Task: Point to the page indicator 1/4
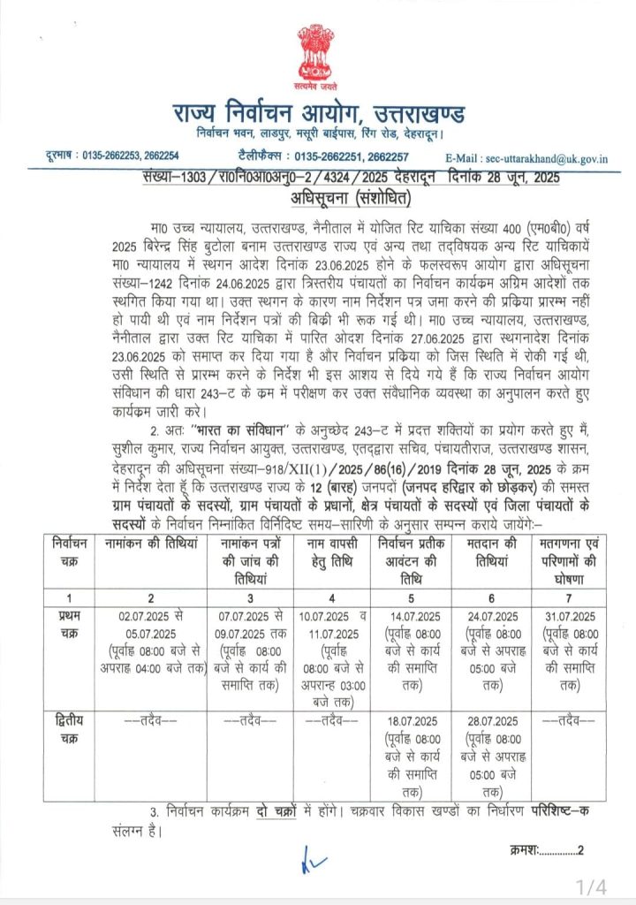[x=592, y=885]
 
